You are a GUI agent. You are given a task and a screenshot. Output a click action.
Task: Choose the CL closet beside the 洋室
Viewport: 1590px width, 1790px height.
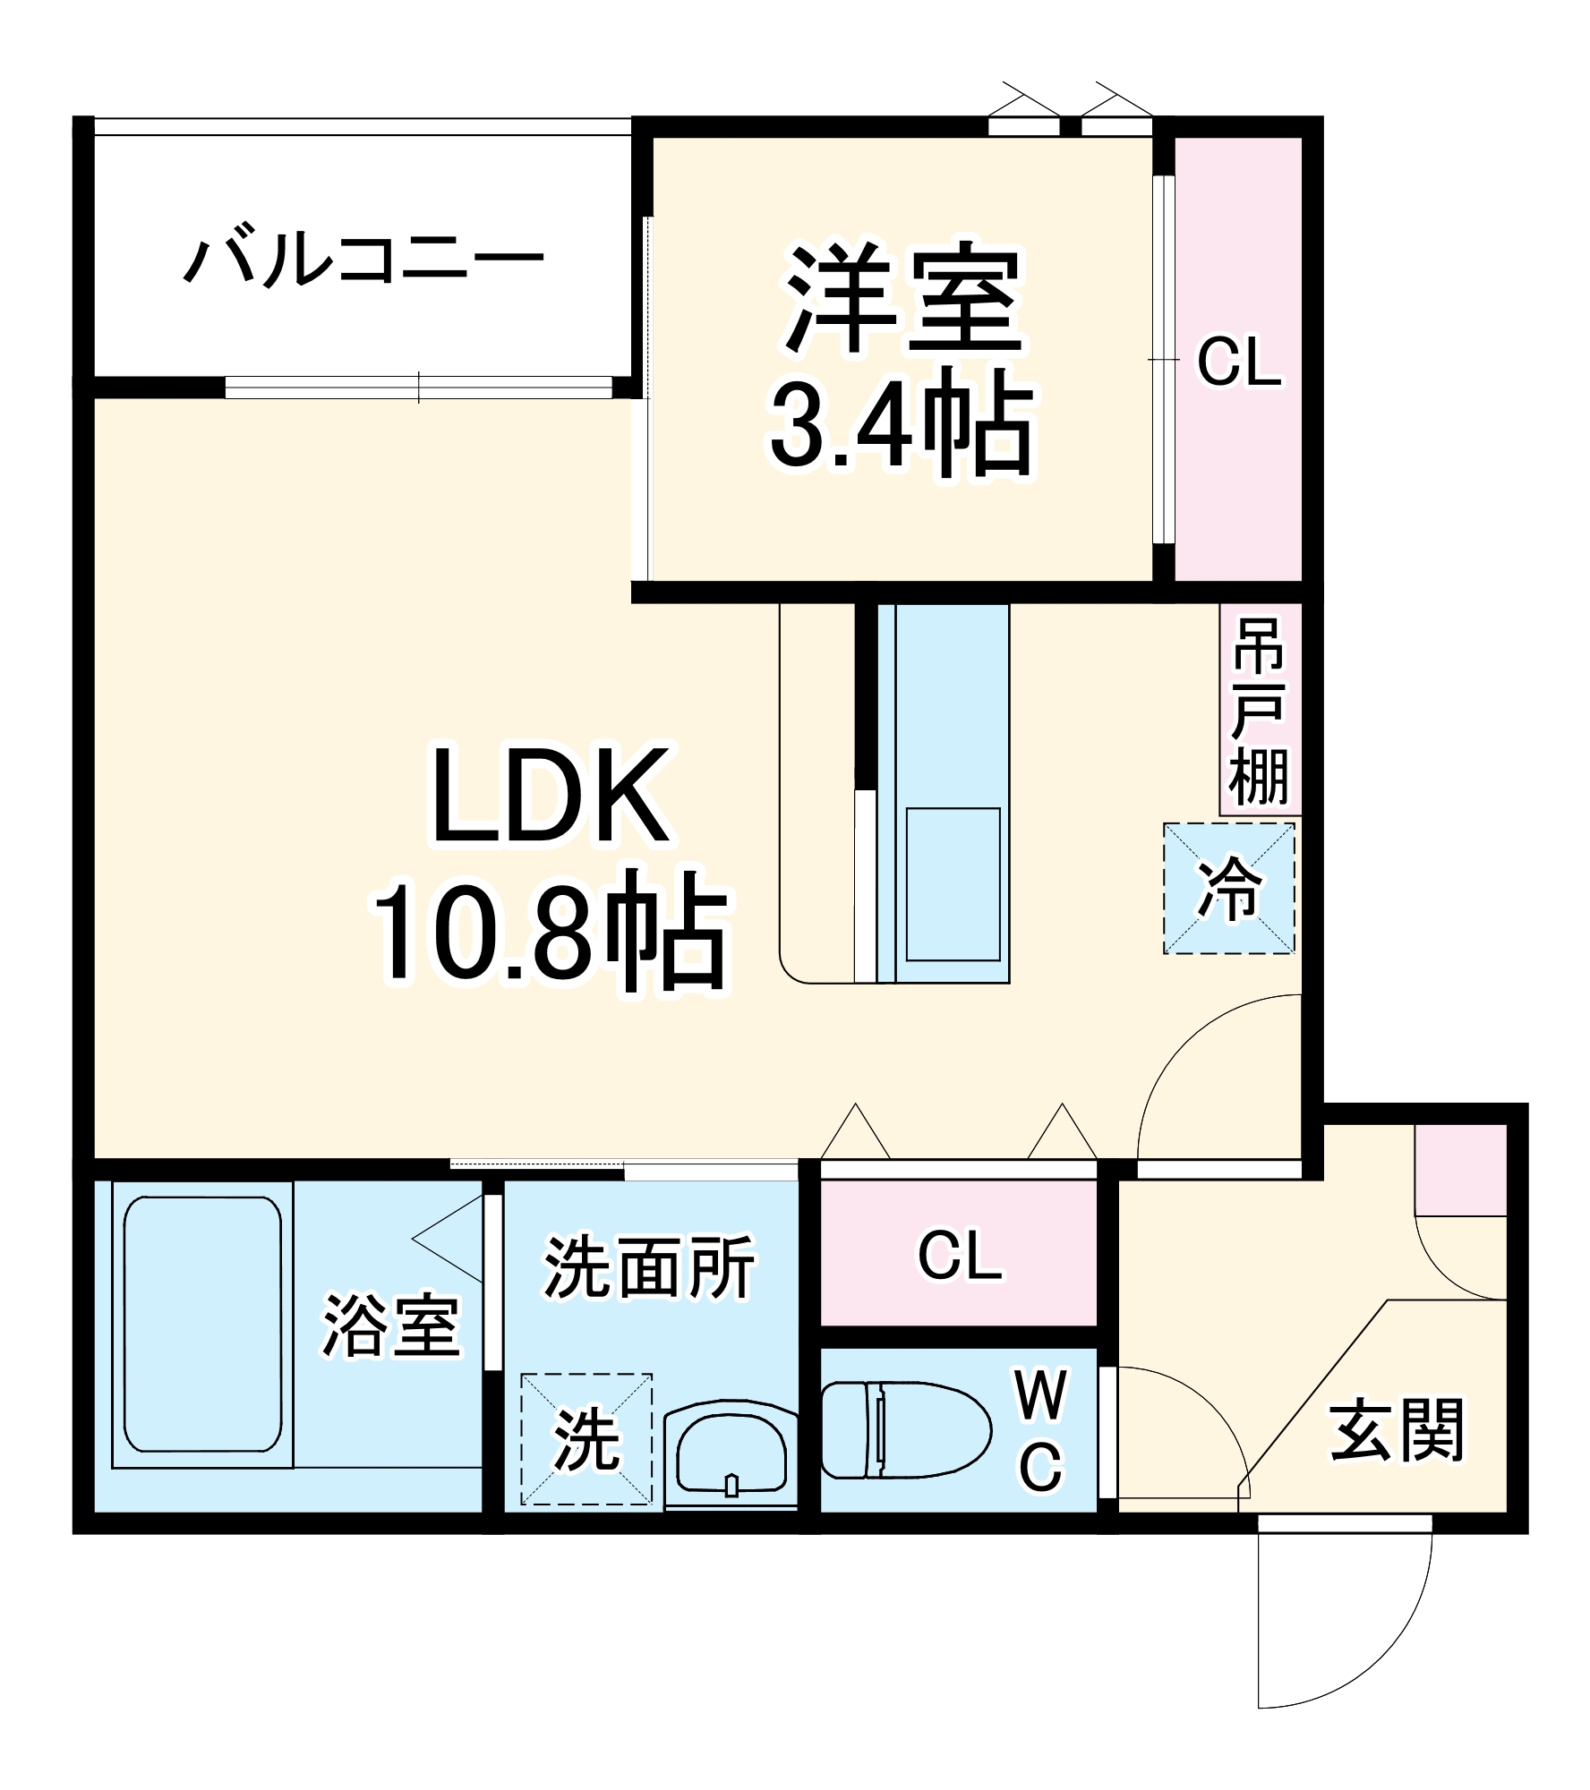[x=1239, y=362]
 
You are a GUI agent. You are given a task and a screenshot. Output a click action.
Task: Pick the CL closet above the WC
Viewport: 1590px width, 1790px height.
[x=959, y=1256]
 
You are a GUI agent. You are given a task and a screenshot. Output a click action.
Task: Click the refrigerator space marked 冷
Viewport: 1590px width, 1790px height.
[x=1228, y=890]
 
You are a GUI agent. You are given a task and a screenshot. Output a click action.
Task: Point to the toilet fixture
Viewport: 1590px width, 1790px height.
[x=904, y=1429]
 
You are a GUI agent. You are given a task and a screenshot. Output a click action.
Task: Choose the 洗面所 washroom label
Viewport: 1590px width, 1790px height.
[x=649, y=1267]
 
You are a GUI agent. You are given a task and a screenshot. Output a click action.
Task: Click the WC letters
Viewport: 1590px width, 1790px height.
[x=1041, y=1432]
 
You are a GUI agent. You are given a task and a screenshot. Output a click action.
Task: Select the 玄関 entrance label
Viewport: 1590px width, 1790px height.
[x=1396, y=1430]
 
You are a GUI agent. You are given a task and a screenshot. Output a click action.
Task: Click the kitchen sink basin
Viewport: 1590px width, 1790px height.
[x=953, y=884]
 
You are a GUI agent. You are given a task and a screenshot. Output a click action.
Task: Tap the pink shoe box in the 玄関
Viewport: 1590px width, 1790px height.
[x=1460, y=1171]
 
